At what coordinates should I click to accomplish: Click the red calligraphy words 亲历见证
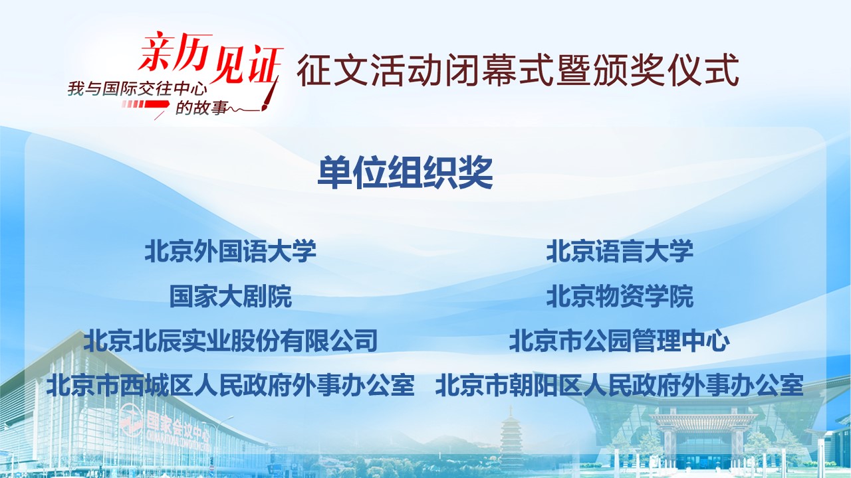tap(211, 59)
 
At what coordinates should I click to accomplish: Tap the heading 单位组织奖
tap(406, 173)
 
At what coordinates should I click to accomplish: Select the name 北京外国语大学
tap(230, 251)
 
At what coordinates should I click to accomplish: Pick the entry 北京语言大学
tap(620, 251)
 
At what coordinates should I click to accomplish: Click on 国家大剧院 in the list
tap(231, 296)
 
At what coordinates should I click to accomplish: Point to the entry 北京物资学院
tap(620, 296)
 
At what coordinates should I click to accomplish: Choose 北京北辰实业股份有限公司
tap(231, 341)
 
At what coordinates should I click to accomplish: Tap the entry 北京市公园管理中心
tap(619, 341)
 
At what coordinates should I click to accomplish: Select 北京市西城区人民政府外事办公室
tap(231, 386)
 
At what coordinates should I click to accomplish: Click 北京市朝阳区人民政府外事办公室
tap(619, 386)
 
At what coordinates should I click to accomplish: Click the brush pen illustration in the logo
tap(270, 95)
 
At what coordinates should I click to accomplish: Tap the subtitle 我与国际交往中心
tap(138, 89)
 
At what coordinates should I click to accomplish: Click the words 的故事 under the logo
tap(201, 108)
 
